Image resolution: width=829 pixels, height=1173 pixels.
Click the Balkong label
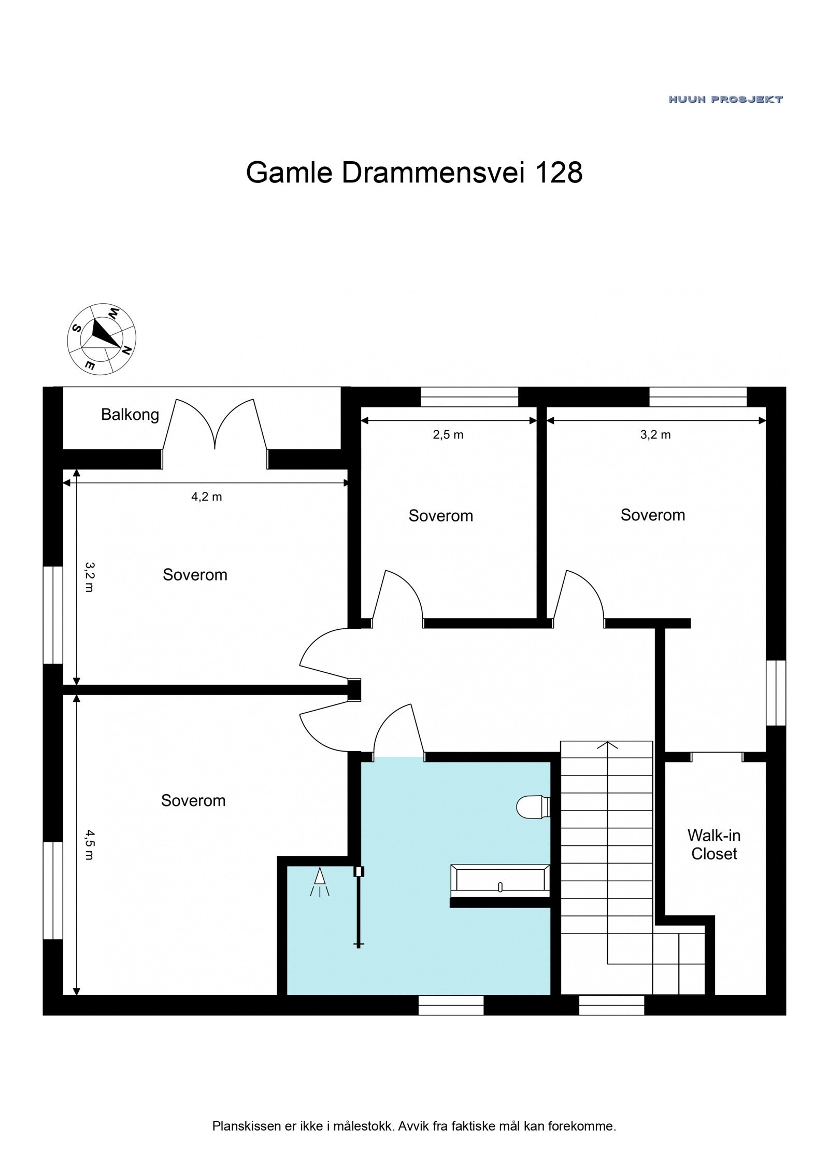coord(130,415)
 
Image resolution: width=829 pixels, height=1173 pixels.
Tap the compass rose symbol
coord(102,338)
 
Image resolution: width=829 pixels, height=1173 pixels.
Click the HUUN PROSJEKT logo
coord(725,99)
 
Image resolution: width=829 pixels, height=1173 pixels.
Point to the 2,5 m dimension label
coord(448,435)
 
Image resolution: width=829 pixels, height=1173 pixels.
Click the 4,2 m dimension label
coord(206,497)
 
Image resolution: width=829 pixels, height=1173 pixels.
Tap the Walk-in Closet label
coord(713,844)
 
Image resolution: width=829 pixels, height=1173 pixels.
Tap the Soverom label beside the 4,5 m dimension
coord(193,800)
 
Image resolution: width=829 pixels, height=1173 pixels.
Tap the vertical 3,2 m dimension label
coord(89,576)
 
